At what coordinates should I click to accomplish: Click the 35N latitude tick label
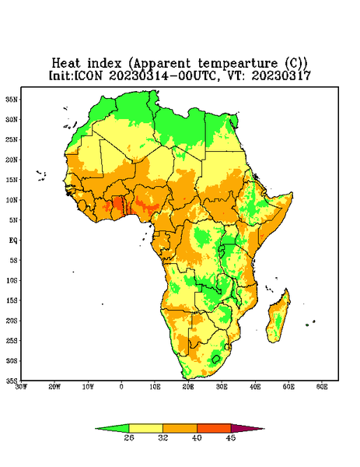pyautogui.click(x=12, y=100)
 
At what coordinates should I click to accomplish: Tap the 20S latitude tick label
pyautogui.click(x=12, y=321)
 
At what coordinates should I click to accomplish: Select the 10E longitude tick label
pyautogui.click(x=155, y=387)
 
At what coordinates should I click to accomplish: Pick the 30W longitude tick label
pyautogui.click(x=21, y=387)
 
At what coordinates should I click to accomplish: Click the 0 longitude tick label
pyautogui.click(x=121, y=387)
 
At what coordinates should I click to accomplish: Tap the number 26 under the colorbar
pyautogui.click(x=129, y=437)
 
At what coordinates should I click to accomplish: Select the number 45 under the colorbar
pyautogui.click(x=231, y=437)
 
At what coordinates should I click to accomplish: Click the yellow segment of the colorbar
pyautogui.click(x=145, y=428)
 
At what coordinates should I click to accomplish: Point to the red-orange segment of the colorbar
pyautogui.click(x=214, y=428)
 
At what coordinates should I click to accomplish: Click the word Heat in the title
pyautogui.click(x=66, y=64)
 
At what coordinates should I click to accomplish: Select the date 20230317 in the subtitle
pyautogui.click(x=281, y=75)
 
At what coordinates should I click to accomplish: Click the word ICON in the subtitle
pyautogui.click(x=88, y=75)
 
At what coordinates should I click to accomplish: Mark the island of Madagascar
pyautogui.click(x=279, y=318)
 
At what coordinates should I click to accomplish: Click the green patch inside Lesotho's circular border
pyautogui.click(x=215, y=359)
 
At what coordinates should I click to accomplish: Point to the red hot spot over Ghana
pyautogui.click(x=118, y=204)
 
